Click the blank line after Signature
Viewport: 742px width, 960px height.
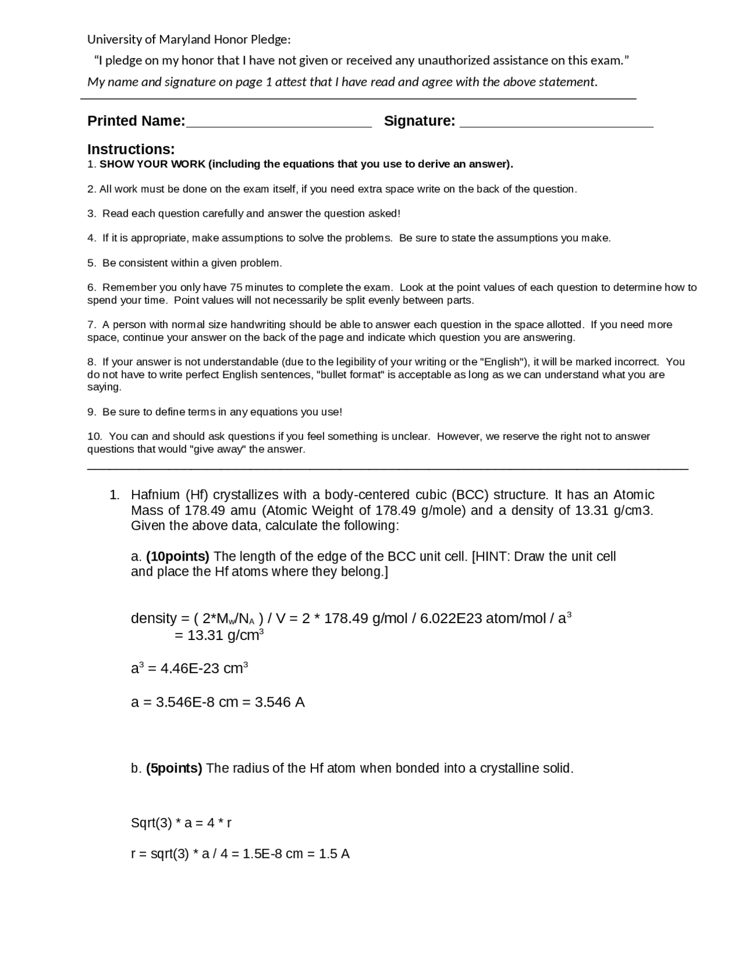click(x=556, y=123)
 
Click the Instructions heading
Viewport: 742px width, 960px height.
click(x=131, y=149)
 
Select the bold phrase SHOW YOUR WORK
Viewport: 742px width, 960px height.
click(x=152, y=164)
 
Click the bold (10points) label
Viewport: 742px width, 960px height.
click(x=177, y=557)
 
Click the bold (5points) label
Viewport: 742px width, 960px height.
click(x=174, y=769)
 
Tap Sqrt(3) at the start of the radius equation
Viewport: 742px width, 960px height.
click(x=151, y=823)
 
